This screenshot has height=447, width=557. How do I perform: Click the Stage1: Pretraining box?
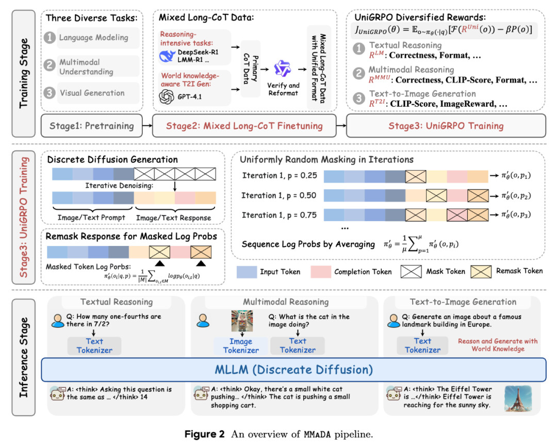coord(91,126)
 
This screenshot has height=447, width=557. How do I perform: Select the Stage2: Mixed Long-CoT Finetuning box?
coord(245,126)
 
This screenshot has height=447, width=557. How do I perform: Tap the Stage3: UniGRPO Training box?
coord(446,126)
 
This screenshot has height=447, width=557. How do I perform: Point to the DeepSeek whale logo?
coord(168,56)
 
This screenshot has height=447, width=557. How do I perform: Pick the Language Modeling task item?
coord(93,38)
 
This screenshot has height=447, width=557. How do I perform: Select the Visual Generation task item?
coord(92,93)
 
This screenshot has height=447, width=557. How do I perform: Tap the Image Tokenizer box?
coord(241,345)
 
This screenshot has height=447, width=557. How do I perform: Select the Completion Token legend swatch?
coord(321,271)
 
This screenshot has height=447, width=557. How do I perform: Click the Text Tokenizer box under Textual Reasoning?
coord(94,345)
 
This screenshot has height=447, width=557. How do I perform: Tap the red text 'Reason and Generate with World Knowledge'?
coord(498,345)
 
